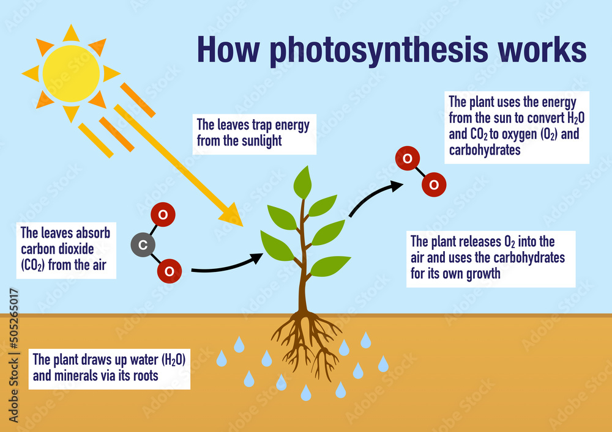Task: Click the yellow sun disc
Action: click(x=71, y=73)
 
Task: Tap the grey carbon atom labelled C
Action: click(x=143, y=244)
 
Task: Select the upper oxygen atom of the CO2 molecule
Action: click(x=163, y=214)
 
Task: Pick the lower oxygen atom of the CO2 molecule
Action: click(x=170, y=271)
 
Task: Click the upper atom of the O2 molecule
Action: click(x=408, y=158)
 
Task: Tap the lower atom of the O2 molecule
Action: click(x=434, y=185)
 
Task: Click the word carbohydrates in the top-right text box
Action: click(x=485, y=150)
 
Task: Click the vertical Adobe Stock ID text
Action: click(x=13, y=356)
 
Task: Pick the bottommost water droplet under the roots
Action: click(x=306, y=392)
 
